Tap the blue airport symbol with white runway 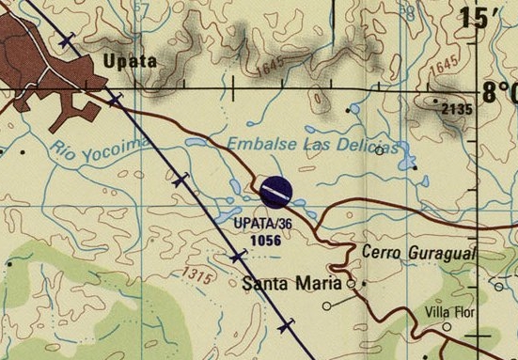point(275,193)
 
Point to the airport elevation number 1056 point(265,240)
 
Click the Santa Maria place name point(292,282)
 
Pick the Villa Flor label point(451,311)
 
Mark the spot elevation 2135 point(457,109)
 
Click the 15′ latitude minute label point(487,19)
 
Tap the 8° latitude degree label point(498,93)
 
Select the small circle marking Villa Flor point(447,327)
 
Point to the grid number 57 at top point(142,8)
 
